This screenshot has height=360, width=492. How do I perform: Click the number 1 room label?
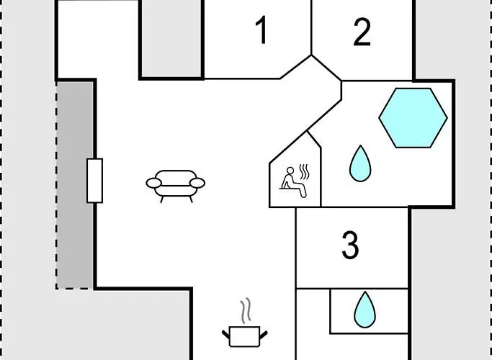[261, 30]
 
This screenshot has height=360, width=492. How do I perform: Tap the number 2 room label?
[362, 32]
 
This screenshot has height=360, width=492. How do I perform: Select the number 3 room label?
[350, 245]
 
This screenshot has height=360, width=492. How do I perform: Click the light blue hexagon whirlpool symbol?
[413, 118]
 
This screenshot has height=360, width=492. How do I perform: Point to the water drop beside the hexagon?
[360, 163]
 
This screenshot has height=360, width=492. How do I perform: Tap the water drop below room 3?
[364, 310]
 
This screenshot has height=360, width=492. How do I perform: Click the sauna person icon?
[293, 182]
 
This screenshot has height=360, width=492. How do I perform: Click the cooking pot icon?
[245, 336]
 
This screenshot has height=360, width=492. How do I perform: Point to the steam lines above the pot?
[246, 310]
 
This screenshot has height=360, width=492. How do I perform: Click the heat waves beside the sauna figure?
[305, 171]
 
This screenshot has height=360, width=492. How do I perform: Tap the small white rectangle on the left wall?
[95, 181]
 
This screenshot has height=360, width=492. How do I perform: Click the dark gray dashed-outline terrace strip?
[75, 185]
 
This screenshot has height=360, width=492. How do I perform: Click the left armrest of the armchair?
[154, 183]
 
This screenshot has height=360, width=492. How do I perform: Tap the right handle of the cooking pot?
[264, 335]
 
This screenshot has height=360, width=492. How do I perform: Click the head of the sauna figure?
[290, 171]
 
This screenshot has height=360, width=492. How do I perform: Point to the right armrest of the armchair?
[197, 183]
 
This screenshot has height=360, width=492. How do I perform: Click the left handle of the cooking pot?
[226, 335]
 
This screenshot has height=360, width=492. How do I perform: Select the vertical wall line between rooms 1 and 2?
[311, 27]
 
